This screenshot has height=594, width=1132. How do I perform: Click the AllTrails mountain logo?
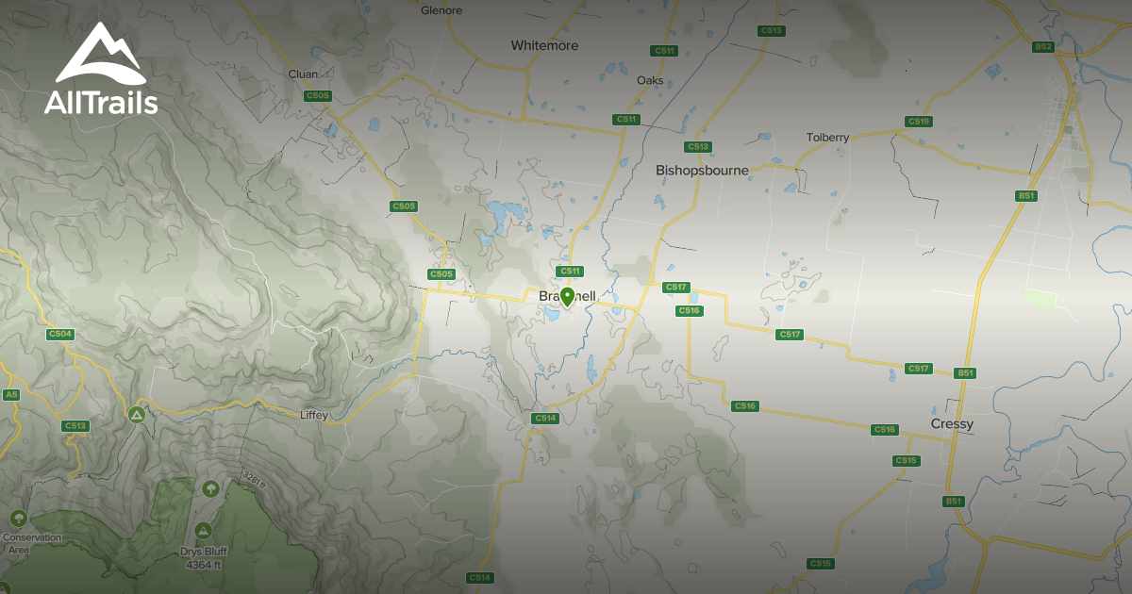(x=100, y=54)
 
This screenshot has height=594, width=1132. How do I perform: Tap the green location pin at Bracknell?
(x=567, y=297)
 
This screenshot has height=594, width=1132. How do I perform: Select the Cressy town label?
(x=951, y=424)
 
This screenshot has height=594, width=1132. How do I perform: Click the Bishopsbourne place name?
(x=702, y=171)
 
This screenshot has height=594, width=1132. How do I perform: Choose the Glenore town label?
(x=441, y=10)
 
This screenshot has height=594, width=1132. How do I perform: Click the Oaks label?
(x=650, y=80)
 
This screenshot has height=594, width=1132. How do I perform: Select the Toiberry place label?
(x=827, y=138)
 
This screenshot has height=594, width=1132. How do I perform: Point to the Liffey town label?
(x=313, y=415)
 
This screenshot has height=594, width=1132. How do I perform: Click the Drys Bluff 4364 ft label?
(x=203, y=558)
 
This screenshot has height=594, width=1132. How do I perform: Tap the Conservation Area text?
(x=31, y=543)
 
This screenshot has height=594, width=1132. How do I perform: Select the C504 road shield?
(x=60, y=334)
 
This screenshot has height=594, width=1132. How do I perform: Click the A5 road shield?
(x=11, y=394)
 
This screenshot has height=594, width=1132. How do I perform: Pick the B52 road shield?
(x=1042, y=46)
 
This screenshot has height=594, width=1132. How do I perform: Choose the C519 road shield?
(x=918, y=122)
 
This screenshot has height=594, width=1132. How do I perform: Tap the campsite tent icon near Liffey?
(x=137, y=414)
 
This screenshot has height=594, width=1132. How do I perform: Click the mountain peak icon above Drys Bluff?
(x=203, y=532)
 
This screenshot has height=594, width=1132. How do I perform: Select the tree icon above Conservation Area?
(x=18, y=519)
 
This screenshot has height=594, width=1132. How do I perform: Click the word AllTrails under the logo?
(x=101, y=103)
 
